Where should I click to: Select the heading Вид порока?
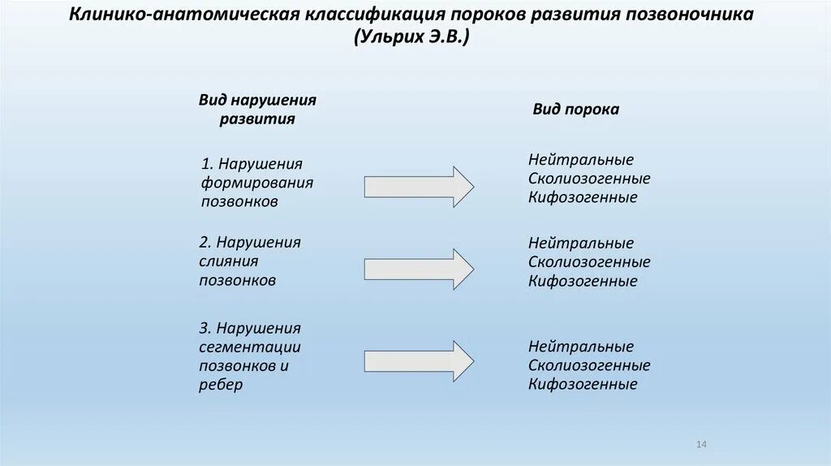coord(575,109)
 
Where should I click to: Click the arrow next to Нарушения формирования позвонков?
coord(419,187)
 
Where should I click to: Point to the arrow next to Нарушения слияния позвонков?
coord(419,269)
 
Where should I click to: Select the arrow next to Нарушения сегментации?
coord(419,360)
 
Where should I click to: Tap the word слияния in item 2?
coord(229,261)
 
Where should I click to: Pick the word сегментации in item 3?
coord(250,347)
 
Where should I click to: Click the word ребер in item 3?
coord(221,385)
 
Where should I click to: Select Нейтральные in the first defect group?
coord(580,159)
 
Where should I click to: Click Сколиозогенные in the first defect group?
coord(589,179)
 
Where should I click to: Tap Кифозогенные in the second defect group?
coord(583,282)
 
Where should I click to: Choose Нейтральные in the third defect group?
coord(580,347)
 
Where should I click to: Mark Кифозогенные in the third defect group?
coord(583,385)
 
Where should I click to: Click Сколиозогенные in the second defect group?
coord(589,262)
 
